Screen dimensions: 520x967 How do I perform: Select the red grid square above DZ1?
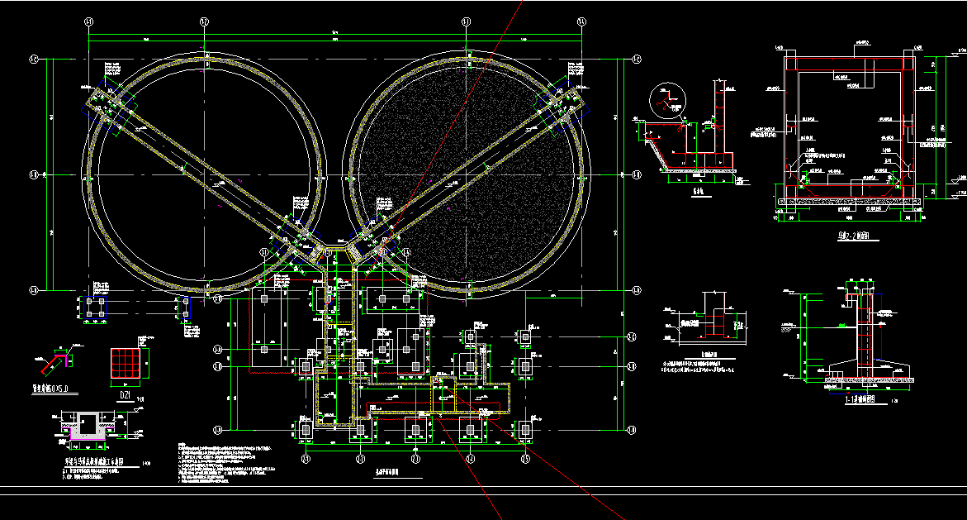coord(127,364)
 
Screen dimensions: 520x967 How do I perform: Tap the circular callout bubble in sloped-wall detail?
coord(666,100)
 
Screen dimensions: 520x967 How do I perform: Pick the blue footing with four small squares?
coord(93,308)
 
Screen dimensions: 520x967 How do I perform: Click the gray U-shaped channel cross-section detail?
coord(86,426)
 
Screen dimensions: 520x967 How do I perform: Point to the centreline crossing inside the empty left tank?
coord(205,174)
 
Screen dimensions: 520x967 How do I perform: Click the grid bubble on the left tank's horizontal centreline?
coord(34,174)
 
